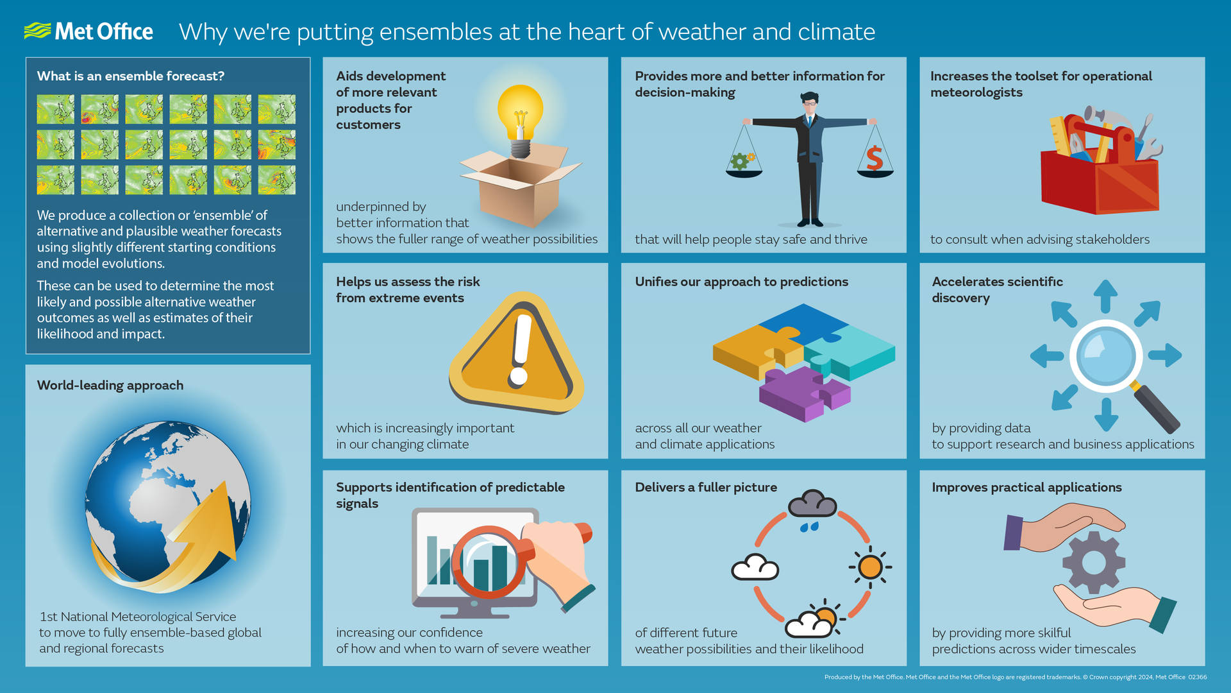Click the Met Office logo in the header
click(x=88, y=31)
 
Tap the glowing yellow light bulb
click(x=520, y=112)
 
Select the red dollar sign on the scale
click(x=875, y=158)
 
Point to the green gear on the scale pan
click(x=741, y=160)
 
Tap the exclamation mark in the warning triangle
click(x=521, y=350)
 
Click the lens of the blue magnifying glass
click(x=1105, y=355)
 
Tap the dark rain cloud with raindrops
click(x=812, y=506)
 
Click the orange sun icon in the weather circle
click(x=870, y=567)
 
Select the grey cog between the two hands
click(x=1094, y=562)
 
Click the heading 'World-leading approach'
click(x=110, y=385)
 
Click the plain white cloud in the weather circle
click(x=755, y=568)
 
